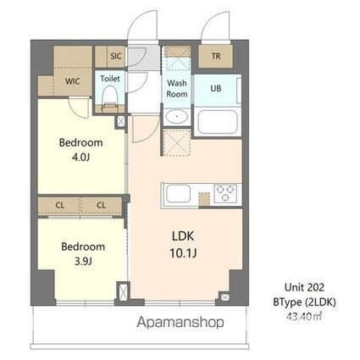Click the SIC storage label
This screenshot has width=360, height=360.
[x=116, y=56]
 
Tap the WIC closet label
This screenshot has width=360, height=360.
[x=73, y=81]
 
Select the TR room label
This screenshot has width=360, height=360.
[x=216, y=56]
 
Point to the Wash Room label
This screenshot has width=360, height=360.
[x=177, y=88]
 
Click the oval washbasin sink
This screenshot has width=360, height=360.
[x=177, y=116]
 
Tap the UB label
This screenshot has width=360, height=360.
[x=216, y=88]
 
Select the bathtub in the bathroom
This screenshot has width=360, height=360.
[x=218, y=122]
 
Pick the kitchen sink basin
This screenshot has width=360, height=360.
[x=178, y=194]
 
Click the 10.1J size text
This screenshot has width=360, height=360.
[x=183, y=253]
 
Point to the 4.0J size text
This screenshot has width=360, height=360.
[x=80, y=157]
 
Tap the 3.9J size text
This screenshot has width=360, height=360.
[x=83, y=262]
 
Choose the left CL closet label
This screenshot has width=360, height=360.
[x=60, y=205]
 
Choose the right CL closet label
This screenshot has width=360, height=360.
[x=101, y=205]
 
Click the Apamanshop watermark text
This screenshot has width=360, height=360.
[x=180, y=322]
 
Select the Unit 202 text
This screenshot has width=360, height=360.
[x=304, y=287]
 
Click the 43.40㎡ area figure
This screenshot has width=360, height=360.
[x=304, y=316]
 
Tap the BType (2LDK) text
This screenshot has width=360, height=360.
[x=304, y=302]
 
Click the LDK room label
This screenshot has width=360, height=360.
[x=183, y=236]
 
